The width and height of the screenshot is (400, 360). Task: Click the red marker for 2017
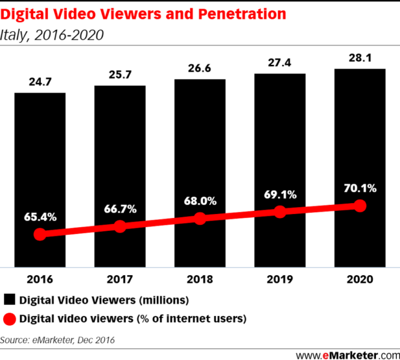pyautogui.click(x=120, y=227)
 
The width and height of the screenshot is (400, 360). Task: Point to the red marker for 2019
pyautogui.click(x=280, y=212)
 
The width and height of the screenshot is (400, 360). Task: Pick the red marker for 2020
pyautogui.click(x=360, y=206)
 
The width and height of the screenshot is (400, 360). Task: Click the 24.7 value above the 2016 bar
pyautogui.click(x=40, y=82)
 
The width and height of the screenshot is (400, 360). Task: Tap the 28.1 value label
pyautogui.click(x=360, y=58)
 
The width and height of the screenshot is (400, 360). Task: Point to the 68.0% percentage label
pyautogui.click(x=200, y=201)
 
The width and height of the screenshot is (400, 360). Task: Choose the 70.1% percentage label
pyautogui.click(x=360, y=188)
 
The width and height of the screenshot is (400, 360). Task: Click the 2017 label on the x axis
pyautogui.click(x=120, y=279)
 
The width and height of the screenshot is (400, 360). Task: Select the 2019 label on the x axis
pyautogui.click(x=280, y=279)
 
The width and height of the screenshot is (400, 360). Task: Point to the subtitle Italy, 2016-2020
pyautogui.click(x=52, y=35)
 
